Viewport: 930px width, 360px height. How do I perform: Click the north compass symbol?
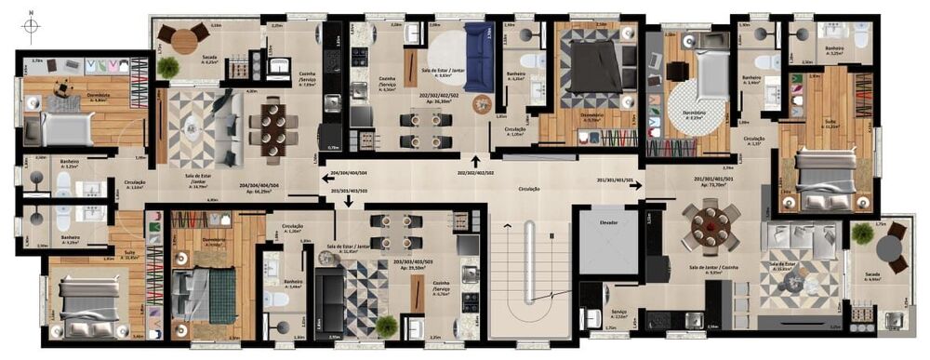(30, 27)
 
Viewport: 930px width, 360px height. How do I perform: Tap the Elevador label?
(609, 223)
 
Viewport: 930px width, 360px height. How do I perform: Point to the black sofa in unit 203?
(328, 302)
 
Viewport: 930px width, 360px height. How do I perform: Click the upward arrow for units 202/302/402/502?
(476, 162)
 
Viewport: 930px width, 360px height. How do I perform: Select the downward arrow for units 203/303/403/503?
(348, 200)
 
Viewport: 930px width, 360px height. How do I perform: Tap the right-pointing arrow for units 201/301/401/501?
(636, 185)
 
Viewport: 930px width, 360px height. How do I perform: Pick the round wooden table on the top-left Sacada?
(183, 40)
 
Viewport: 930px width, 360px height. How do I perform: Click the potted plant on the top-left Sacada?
(168, 68)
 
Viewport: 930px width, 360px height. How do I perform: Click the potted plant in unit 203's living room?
(386, 326)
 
